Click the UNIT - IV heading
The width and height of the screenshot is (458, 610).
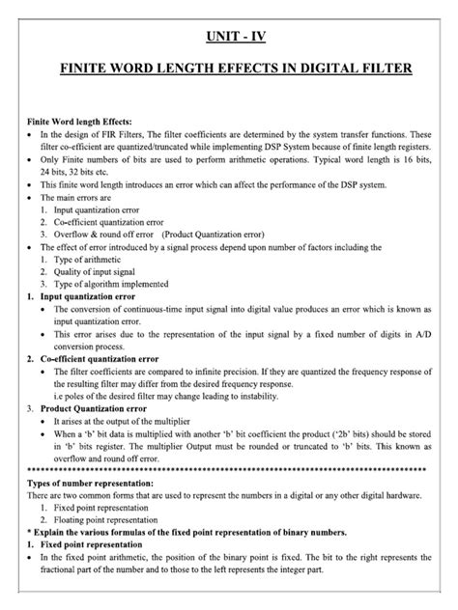(x=230, y=40)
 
